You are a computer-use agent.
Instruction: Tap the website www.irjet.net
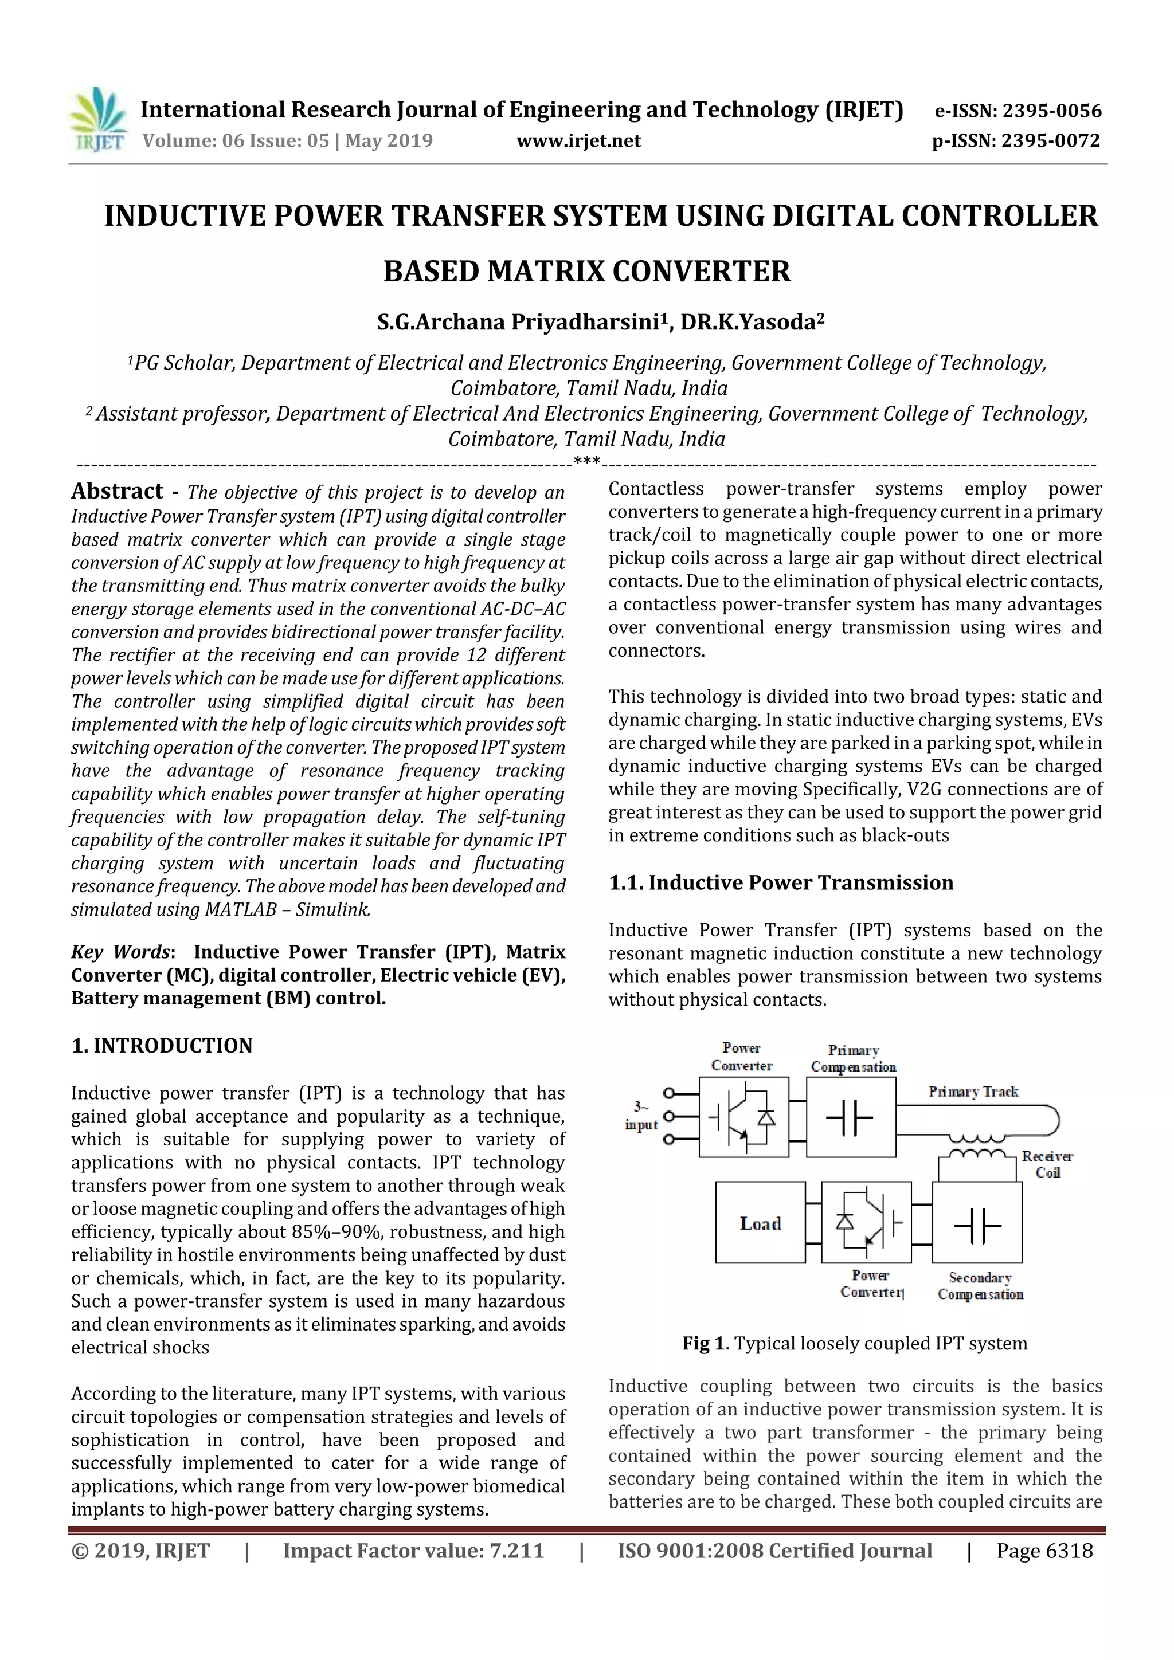(578, 140)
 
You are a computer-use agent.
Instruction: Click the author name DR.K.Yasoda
(752, 321)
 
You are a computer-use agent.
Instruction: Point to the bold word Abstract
(117, 491)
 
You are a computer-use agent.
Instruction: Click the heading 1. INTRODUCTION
(162, 1046)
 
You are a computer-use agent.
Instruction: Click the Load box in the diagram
(760, 1223)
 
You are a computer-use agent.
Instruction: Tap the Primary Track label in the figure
(973, 1092)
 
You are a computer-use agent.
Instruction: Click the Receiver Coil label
(1046, 1164)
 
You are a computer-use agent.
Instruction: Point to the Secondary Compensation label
(980, 1285)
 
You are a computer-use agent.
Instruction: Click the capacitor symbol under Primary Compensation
(850, 1118)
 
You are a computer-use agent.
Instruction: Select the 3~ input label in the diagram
(641, 1116)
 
